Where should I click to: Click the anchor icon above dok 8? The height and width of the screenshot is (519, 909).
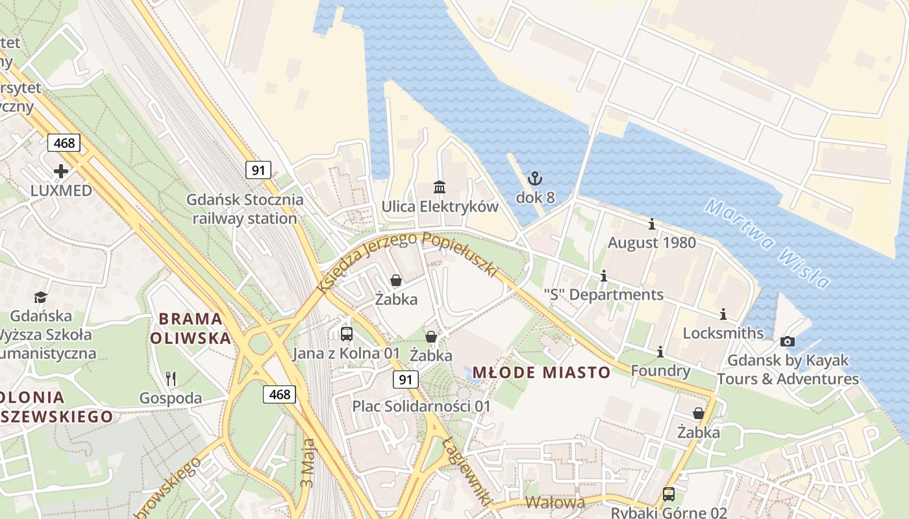pos(534,178)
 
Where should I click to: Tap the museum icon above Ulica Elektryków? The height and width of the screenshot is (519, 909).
pos(440,187)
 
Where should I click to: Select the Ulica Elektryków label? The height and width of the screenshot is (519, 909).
pos(440,207)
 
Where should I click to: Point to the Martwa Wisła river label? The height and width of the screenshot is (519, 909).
pos(768,243)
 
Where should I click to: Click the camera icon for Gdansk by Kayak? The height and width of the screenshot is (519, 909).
pos(788,341)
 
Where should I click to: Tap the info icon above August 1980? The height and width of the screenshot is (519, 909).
pos(652,224)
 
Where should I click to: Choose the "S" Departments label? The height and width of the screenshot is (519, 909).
pos(603,295)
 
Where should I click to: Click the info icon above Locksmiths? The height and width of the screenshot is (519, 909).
pos(723,315)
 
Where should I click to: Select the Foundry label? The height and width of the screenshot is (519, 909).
pos(660,370)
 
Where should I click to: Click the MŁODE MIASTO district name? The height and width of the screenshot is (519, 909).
pos(542,372)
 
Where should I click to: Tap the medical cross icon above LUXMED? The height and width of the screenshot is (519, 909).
pos(61,171)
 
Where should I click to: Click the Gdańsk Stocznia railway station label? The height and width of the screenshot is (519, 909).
pos(245,209)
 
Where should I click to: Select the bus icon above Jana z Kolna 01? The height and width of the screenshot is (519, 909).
pos(347,334)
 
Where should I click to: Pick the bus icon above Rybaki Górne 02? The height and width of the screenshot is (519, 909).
pos(669,494)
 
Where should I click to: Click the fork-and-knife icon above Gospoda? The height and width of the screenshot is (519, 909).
pos(171,378)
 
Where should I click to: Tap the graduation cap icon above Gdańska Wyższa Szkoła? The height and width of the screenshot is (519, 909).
pos(41,297)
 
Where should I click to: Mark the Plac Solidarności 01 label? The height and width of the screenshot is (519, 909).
pos(421,406)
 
